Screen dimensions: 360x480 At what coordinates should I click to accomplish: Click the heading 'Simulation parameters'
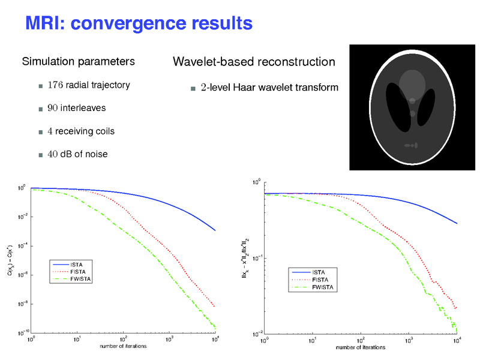pos(78,62)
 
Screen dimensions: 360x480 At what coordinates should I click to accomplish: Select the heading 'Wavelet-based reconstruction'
pos(254,62)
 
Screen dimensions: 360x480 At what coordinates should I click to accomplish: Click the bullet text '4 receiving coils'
pos(81,131)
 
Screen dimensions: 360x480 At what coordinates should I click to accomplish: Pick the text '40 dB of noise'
pos(78,154)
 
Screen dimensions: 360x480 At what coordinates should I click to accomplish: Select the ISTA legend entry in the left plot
pos(77,265)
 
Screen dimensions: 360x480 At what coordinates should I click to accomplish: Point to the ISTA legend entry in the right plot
pos(319,273)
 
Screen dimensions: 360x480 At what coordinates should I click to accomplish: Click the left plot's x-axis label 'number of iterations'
pos(123,346)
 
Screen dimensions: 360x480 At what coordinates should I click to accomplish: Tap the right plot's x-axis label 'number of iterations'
pos(361,347)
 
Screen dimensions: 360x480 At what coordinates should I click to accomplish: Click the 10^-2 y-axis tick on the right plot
pos(256,333)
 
